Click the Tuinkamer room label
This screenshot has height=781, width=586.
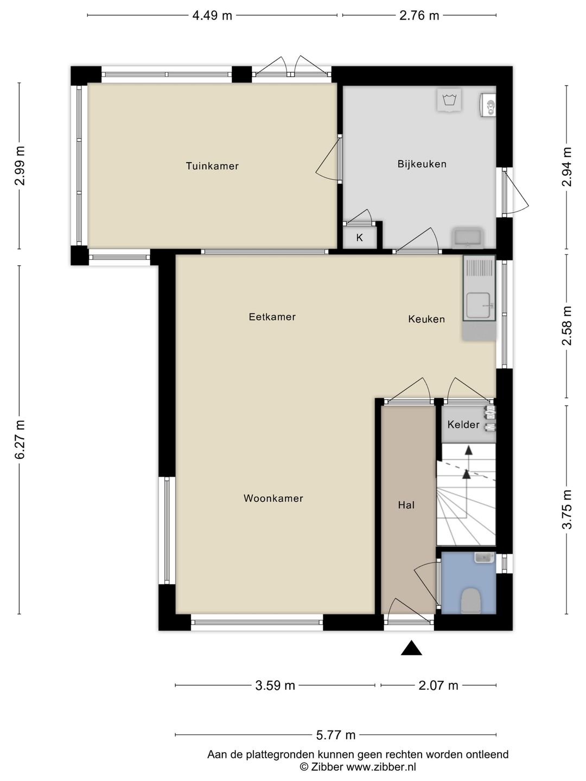coord(212,166)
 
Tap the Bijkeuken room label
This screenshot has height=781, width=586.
coord(422,164)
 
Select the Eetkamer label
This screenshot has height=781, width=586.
coord(272,317)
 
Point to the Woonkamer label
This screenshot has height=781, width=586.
coord(273,498)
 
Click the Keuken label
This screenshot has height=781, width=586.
coord(426,319)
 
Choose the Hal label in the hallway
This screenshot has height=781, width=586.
coord(406,505)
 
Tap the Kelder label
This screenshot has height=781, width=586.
coord(463,424)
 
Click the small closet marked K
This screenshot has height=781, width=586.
coord(359,238)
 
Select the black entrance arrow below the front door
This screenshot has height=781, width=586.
coord(411,648)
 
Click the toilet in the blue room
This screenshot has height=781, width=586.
coord(470,601)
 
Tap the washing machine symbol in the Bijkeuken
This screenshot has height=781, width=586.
coord(449,100)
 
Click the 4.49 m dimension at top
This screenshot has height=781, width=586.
coord(212,15)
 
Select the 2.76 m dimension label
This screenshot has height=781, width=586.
coord(419,15)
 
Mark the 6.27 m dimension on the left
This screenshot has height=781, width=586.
coord(20,439)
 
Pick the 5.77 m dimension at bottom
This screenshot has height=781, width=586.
coord(335,735)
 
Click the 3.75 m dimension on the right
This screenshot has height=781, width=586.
coord(566,509)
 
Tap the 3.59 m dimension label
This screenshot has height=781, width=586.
coord(275,686)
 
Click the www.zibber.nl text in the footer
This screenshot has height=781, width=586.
coord(381,766)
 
